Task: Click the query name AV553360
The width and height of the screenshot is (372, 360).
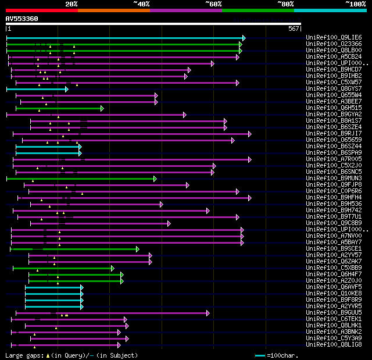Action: (x=22, y=19)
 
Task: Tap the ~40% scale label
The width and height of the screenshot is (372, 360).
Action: (x=141, y=4)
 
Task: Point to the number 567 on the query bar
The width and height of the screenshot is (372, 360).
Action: (x=293, y=28)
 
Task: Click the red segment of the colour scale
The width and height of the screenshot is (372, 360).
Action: (x=41, y=10)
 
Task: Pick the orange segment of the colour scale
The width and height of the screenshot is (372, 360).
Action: (x=113, y=10)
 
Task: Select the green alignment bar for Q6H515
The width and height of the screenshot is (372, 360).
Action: (x=58, y=108)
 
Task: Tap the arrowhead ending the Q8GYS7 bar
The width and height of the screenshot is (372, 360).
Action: (x=67, y=89)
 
